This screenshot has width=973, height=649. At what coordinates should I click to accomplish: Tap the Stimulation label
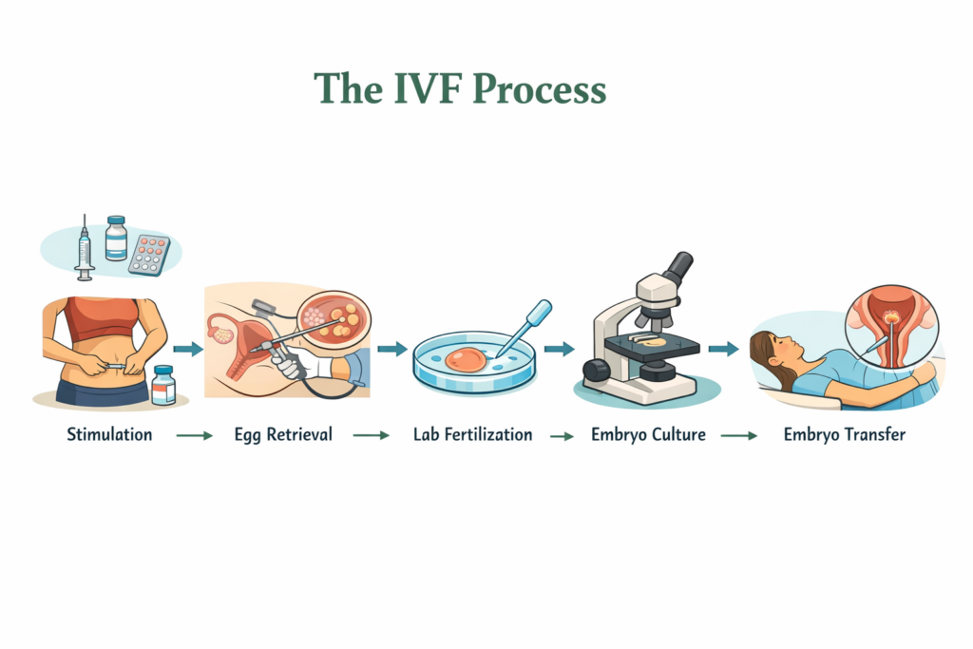click(x=109, y=435)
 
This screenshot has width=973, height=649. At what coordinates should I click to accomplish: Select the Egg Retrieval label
click(x=283, y=435)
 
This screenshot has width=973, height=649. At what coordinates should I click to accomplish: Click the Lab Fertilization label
click(x=472, y=435)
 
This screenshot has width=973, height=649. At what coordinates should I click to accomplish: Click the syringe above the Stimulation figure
click(x=84, y=248)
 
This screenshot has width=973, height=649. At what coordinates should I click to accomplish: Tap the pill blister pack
click(x=149, y=254)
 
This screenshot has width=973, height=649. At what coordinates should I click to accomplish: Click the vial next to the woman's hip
click(x=163, y=385)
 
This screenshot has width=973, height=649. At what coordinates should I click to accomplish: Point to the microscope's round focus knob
click(x=596, y=372)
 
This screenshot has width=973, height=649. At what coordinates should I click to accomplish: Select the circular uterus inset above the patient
click(x=891, y=329)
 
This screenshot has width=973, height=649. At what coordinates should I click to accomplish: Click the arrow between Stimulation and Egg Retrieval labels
click(x=195, y=436)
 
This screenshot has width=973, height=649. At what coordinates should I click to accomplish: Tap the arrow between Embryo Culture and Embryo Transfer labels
click(x=738, y=436)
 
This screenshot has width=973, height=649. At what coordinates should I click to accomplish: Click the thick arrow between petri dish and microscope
click(x=559, y=349)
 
